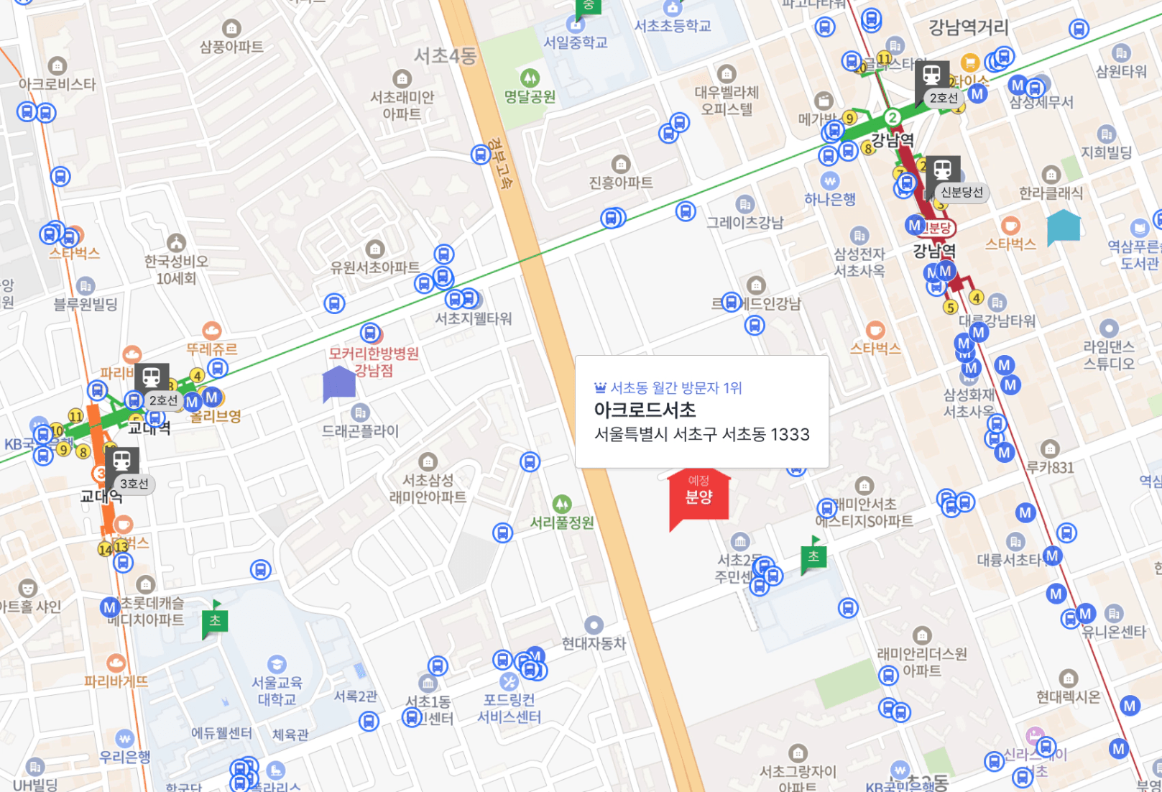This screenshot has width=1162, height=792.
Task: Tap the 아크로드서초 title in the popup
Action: (645, 410)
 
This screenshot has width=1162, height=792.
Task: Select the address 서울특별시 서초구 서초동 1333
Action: (702, 435)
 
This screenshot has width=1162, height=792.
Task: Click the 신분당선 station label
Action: (961, 193)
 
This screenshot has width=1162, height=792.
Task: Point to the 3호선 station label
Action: (134, 484)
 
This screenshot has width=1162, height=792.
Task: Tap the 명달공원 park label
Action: (530, 96)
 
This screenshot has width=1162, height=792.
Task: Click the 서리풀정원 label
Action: (562, 522)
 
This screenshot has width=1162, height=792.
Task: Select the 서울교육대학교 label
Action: (277, 691)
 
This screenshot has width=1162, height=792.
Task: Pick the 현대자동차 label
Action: (594, 643)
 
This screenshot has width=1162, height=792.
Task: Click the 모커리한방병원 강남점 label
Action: (374, 362)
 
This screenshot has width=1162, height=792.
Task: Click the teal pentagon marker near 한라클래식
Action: (1064, 227)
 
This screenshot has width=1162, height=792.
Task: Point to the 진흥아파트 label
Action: (621, 183)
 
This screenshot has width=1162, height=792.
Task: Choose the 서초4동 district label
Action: (445, 55)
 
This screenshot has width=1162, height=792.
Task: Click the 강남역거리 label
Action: (969, 27)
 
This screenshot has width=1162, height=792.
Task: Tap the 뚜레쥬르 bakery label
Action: (211, 349)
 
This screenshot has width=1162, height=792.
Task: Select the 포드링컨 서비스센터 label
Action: (509, 708)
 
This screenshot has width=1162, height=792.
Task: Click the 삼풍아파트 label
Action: (231, 47)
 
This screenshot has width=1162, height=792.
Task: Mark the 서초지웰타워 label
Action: (474, 318)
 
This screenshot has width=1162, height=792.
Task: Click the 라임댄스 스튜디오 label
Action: (1109, 355)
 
